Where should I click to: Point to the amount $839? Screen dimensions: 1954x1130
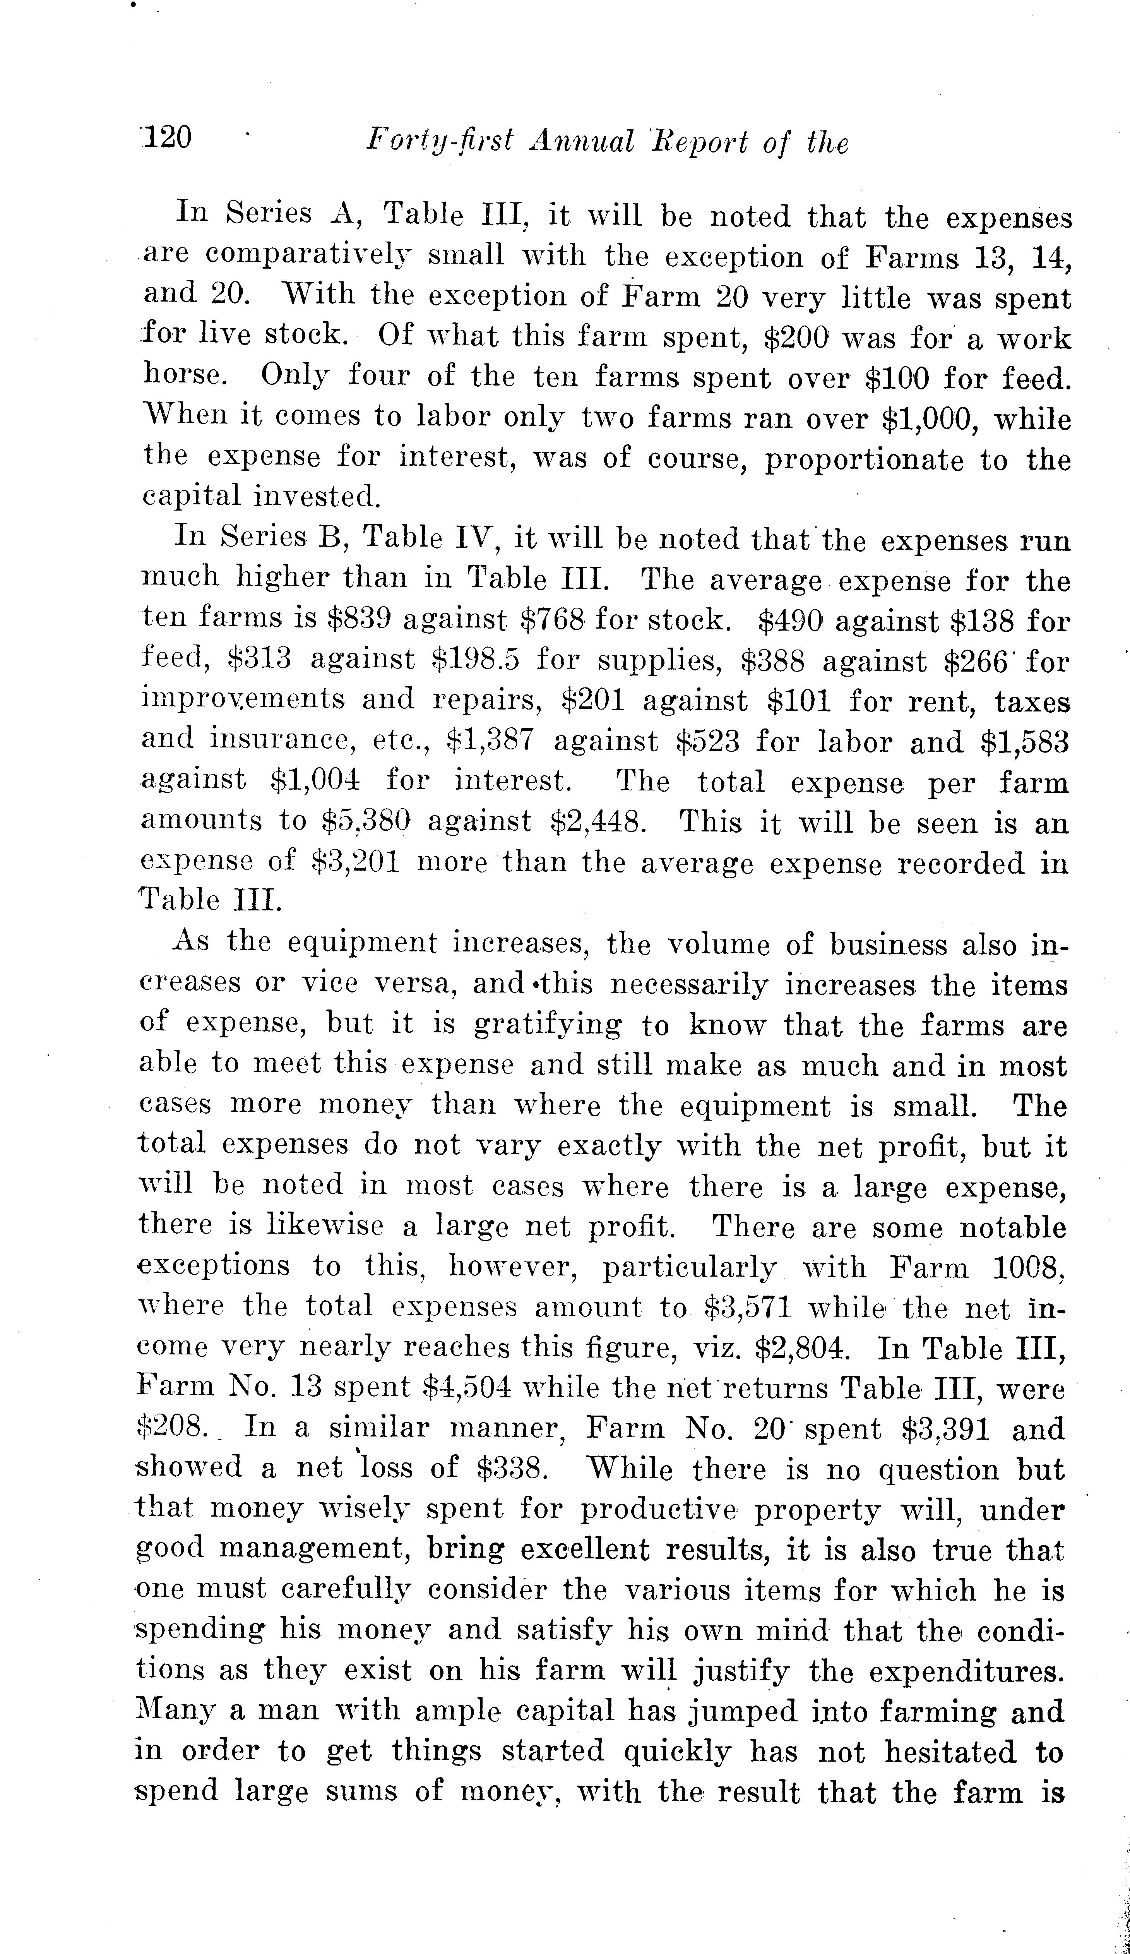coord(359,619)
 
